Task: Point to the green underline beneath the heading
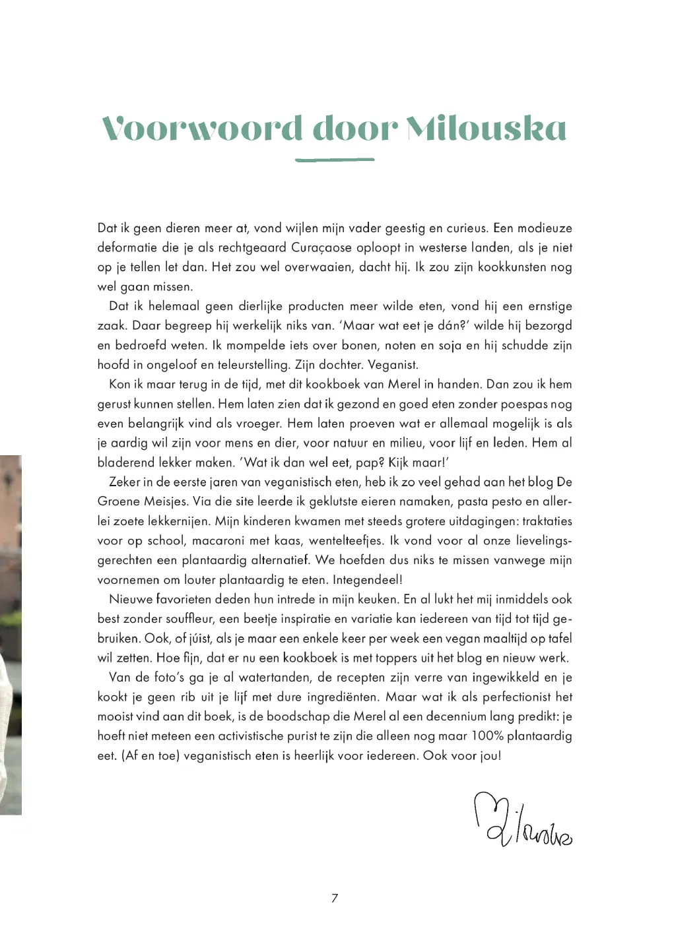[x=335, y=160]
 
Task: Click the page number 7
[x=335, y=898]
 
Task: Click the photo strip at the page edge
[x=11, y=633]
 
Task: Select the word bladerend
[x=126, y=462]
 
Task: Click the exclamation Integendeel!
[x=368, y=580]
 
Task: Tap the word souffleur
[x=187, y=619]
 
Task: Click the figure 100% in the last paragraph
[x=487, y=736]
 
